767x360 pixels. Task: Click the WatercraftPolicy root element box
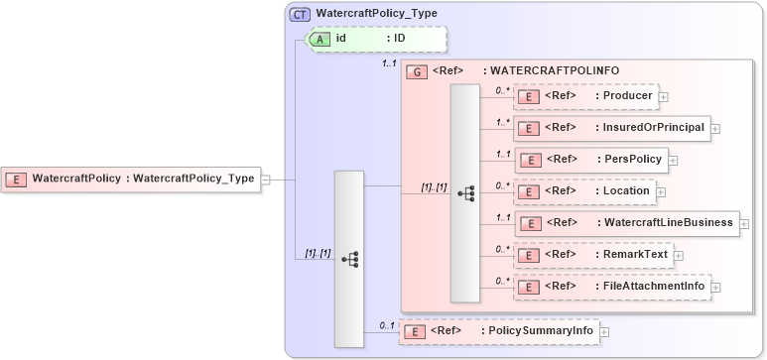click(x=130, y=180)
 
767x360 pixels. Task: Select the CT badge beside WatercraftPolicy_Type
click(x=299, y=14)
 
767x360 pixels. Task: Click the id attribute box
click(x=378, y=39)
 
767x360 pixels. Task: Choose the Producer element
click(x=585, y=96)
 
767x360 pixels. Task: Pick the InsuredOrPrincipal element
click(x=611, y=128)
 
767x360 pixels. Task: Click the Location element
click(x=584, y=190)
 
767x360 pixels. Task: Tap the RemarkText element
click(x=592, y=255)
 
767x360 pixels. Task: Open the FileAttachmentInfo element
click(x=612, y=287)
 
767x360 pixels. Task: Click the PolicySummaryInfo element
click(x=498, y=331)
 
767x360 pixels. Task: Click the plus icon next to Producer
click(x=664, y=97)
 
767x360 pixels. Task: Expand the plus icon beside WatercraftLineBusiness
click(x=745, y=224)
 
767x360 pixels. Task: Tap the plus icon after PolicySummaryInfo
click(x=604, y=332)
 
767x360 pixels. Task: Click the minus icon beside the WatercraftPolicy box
click(x=265, y=180)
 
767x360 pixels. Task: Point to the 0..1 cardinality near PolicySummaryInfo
click(x=387, y=325)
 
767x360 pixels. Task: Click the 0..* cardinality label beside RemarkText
click(x=503, y=249)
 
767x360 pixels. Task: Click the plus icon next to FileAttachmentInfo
click(x=715, y=288)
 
